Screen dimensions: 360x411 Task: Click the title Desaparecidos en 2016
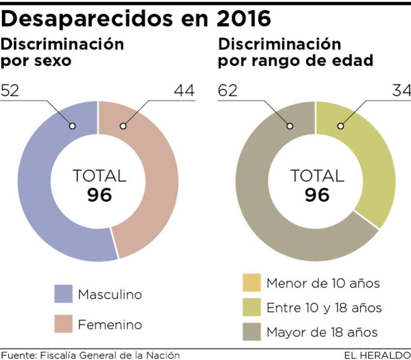tap(136, 18)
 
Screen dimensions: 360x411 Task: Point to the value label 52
tap(10, 90)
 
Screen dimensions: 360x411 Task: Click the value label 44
tap(184, 90)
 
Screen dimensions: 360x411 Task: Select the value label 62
tap(228, 90)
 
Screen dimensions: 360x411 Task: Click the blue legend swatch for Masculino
tap(63, 294)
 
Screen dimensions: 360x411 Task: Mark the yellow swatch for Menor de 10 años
tap(251, 283)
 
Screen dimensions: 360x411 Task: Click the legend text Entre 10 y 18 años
tap(324, 308)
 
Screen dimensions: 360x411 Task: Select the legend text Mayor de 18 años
tap(322, 332)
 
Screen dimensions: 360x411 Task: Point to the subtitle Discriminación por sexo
tap(62, 51)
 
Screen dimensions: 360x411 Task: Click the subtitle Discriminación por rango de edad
tap(295, 51)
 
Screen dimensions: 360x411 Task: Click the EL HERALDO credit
tap(377, 355)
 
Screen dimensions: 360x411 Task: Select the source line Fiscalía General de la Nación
tap(90, 355)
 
